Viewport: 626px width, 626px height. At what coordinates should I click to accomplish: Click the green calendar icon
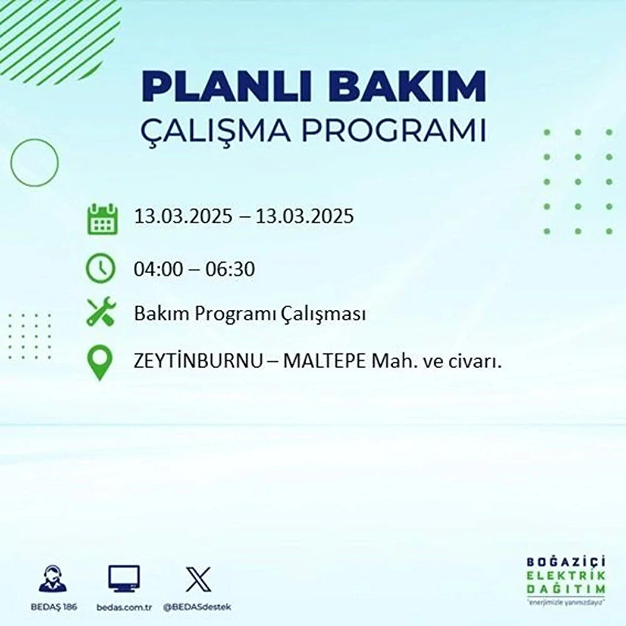coord(102,219)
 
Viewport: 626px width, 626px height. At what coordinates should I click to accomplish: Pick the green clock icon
coord(100,268)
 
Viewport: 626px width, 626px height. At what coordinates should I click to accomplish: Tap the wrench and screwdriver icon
coord(101,311)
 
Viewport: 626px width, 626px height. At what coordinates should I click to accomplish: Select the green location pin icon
coord(100,364)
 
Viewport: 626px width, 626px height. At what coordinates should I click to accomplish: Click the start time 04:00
coord(159,269)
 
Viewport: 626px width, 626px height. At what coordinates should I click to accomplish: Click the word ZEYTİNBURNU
coord(198,362)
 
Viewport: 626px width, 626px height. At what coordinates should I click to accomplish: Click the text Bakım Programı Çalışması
coord(250,315)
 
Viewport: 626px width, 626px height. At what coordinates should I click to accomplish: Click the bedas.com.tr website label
coord(124,607)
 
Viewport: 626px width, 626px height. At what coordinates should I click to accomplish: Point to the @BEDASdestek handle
coord(197,607)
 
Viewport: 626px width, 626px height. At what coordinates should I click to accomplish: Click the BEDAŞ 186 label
coord(54,607)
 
